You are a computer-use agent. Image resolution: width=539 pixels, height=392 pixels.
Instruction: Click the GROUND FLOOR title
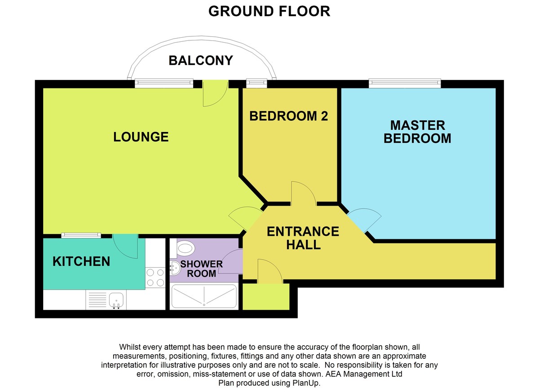[x=269, y=11]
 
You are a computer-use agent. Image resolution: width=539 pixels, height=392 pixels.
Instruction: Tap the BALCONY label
[x=201, y=60]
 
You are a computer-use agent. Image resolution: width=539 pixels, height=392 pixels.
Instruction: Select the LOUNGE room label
[x=141, y=137]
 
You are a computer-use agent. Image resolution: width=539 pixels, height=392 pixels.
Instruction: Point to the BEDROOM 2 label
[x=288, y=116]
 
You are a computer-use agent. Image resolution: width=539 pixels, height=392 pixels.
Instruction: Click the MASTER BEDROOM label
[x=417, y=132]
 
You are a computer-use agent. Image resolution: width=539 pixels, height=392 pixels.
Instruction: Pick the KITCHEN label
[x=81, y=261]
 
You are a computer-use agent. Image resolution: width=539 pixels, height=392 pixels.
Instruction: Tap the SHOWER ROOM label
[x=201, y=269]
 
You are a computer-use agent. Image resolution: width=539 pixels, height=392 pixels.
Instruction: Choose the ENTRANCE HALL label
[x=303, y=238]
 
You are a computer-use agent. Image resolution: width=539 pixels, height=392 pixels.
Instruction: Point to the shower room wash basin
[x=175, y=269]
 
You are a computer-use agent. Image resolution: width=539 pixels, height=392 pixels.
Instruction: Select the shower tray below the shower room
[x=204, y=296]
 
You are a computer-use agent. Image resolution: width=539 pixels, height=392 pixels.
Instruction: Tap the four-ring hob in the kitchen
[x=155, y=277]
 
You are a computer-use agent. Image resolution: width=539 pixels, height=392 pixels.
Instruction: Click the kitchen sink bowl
[x=116, y=300]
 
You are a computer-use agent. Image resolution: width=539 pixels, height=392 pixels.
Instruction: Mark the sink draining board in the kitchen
[x=97, y=300]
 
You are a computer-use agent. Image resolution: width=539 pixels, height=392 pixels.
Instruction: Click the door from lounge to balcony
[x=215, y=93]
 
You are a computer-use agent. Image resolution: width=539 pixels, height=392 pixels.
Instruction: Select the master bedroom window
[x=405, y=84]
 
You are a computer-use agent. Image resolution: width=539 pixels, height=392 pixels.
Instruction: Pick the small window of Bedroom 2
[x=256, y=84]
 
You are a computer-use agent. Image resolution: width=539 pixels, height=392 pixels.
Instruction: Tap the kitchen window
[x=81, y=235]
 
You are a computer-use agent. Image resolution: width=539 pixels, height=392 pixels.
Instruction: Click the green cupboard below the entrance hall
[x=265, y=297]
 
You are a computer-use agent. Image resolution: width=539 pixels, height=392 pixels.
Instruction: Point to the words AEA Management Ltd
[x=364, y=374]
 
